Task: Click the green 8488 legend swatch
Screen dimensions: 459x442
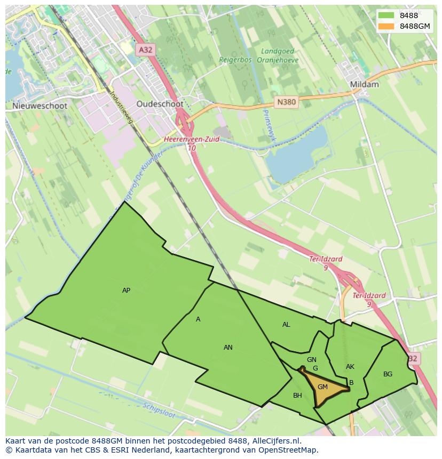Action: (387, 15)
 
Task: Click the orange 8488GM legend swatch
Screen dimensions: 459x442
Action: (387, 27)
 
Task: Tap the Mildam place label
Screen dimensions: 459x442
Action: (364, 84)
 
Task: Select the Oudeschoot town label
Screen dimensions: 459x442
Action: (160, 104)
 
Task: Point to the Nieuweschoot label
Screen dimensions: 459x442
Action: (40, 106)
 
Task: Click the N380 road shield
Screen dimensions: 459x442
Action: (286, 102)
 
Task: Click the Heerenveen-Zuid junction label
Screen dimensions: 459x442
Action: (191, 139)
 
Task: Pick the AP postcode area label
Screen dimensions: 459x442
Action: (126, 291)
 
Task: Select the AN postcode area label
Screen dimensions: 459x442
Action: (228, 348)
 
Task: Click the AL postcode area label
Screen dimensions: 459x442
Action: (286, 325)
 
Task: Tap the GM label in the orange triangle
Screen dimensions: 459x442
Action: (322, 387)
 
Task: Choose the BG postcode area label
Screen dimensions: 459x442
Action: (388, 374)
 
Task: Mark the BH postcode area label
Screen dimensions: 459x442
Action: (297, 396)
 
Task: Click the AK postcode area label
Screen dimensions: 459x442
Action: (350, 367)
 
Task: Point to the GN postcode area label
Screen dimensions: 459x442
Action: (312, 360)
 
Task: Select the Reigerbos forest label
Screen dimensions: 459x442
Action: (235, 60)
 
